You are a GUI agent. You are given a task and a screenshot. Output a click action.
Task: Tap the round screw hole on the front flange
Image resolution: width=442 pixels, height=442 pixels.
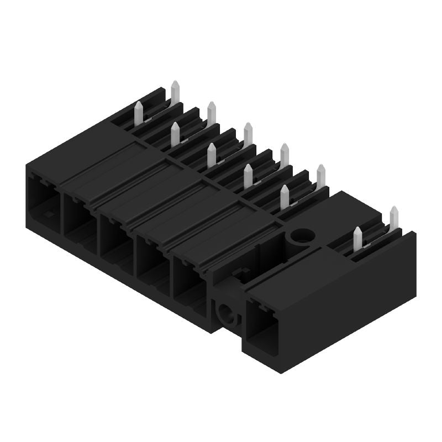[x=227, y=314]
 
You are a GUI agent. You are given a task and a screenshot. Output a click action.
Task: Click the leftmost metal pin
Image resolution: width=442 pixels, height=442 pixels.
[x=139, y=113]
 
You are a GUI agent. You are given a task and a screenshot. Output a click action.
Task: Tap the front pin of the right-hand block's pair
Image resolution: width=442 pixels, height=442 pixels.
[x=357, y=238]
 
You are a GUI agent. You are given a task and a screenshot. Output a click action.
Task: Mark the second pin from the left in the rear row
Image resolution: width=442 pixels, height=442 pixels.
[x=212, y=113]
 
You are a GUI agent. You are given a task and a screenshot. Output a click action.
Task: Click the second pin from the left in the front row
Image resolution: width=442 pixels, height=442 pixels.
[x=175, y=134]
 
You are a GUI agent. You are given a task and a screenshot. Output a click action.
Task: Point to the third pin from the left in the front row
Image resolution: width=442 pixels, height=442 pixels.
[x=212, y=155]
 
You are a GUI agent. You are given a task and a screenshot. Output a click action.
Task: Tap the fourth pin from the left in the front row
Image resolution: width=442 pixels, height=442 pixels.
[x=248, y=176]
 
